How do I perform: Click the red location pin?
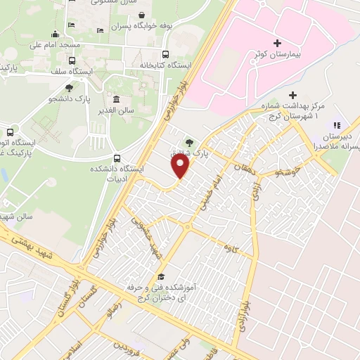tap(181, 167)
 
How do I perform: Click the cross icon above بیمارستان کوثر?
tap(276, 43)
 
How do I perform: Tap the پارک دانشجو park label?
tap(68, 100)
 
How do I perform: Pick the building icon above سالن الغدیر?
tap(116, 98)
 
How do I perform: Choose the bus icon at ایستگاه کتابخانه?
tap(165, 54)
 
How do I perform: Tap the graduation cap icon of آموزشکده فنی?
tap(162, 276)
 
